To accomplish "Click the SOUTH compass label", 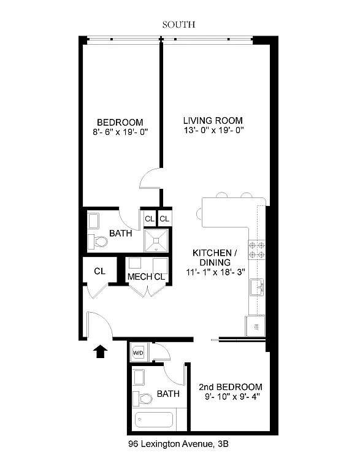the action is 178,25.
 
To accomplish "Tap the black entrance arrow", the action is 100,351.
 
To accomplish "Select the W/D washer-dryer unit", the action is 138,353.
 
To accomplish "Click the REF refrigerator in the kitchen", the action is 255,326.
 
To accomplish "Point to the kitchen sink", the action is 257,287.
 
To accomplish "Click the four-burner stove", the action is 257,250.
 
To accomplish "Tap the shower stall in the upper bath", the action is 156,240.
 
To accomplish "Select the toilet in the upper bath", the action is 98,241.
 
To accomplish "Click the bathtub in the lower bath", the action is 154,419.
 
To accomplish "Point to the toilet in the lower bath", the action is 142,399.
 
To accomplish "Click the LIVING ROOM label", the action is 213,121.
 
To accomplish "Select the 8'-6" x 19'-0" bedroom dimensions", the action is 120,132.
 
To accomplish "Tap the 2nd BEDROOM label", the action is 231,387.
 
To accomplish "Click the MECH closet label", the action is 139,277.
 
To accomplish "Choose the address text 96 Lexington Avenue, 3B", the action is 178,444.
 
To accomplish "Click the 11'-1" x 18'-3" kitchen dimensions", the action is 215,272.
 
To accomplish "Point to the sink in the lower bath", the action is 139,378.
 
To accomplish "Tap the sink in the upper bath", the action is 94,221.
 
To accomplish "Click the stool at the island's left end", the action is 199,213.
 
